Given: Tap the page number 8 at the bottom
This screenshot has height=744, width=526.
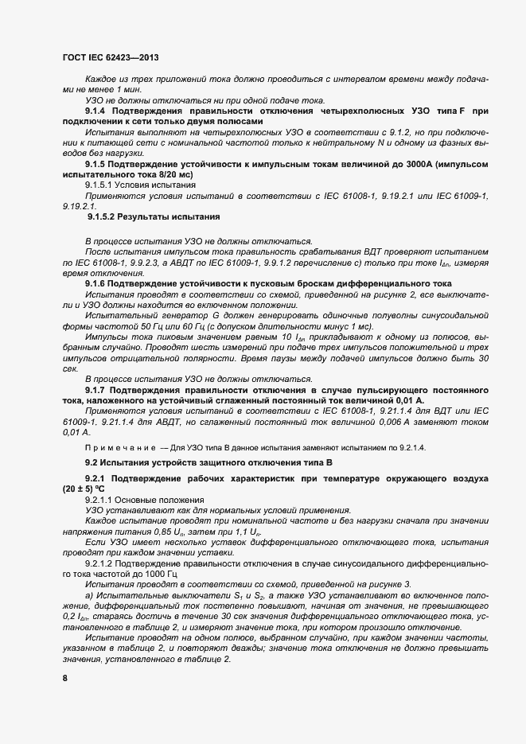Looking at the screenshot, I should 65,677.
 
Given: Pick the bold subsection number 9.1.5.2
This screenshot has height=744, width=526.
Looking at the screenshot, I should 104,216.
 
